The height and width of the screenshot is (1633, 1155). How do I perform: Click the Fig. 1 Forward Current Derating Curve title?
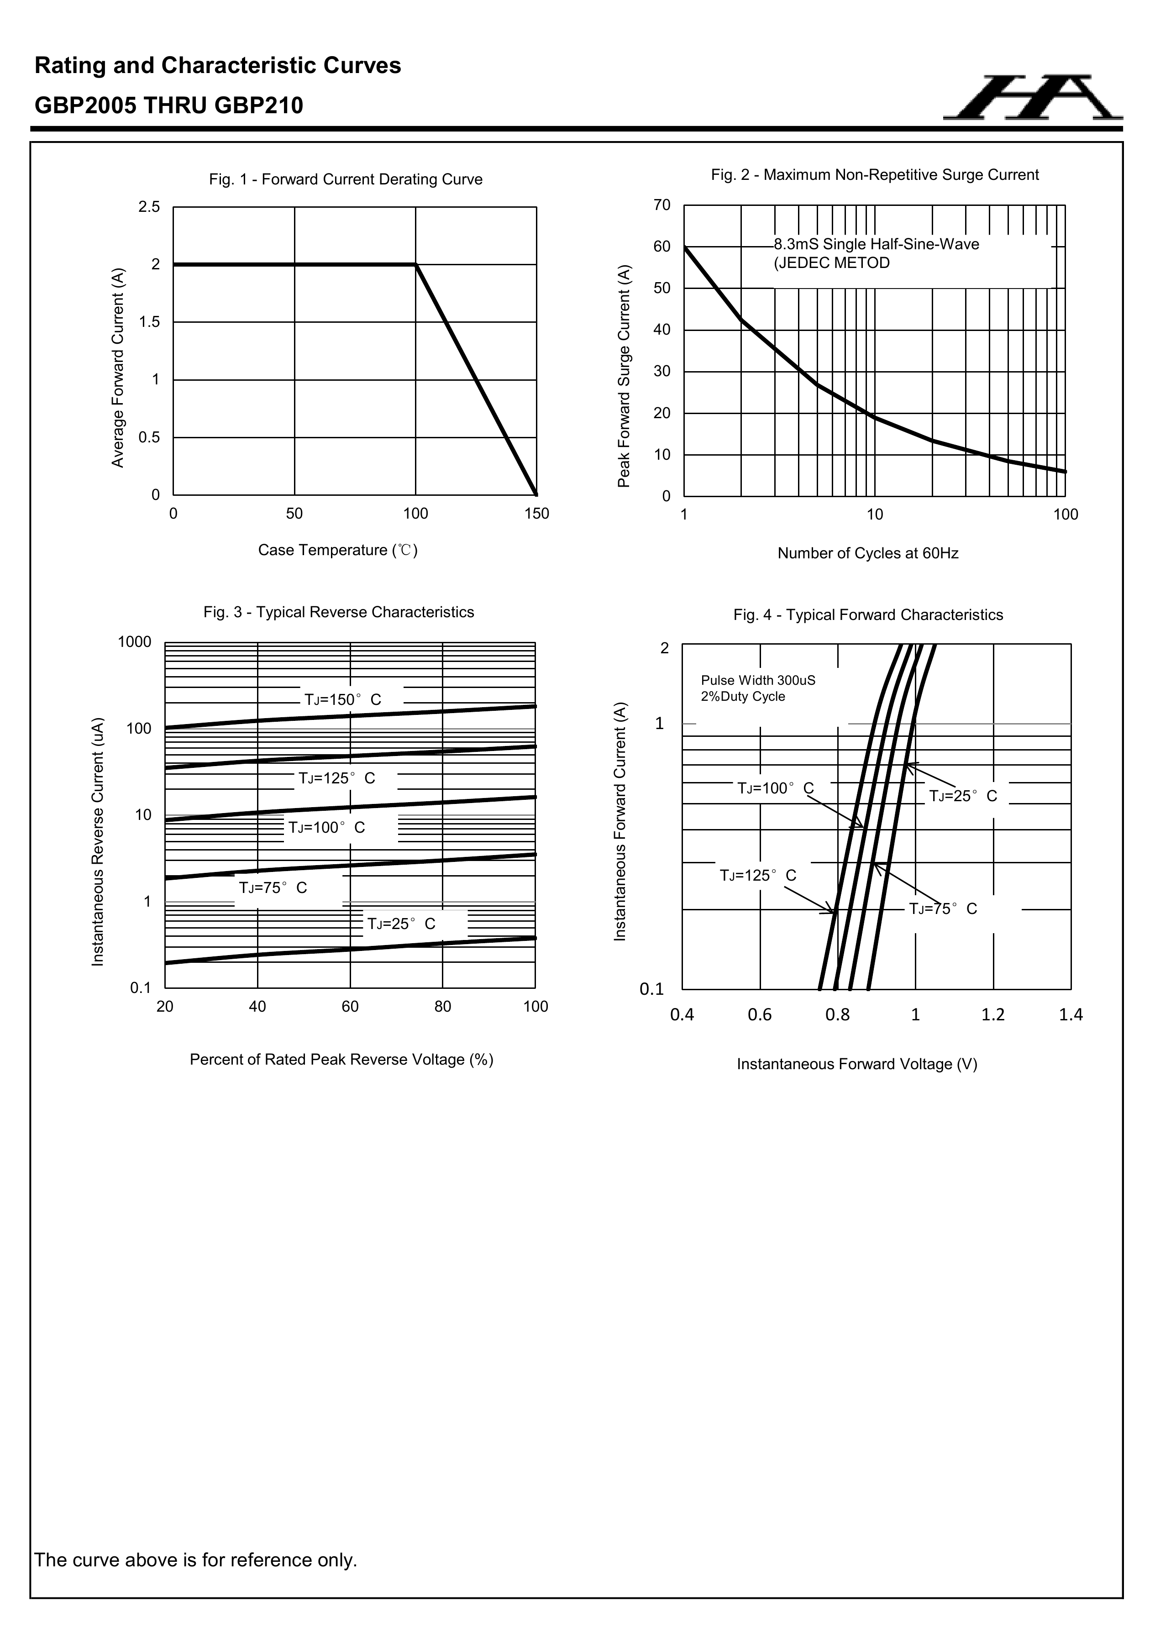346,179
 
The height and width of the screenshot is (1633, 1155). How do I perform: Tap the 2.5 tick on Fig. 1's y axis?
149,207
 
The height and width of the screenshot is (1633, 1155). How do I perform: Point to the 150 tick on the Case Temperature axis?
537,514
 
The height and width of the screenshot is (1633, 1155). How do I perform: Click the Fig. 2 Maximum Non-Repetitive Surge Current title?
875,175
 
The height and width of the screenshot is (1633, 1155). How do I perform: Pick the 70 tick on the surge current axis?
661,205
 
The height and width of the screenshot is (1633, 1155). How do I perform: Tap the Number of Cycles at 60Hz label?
868,553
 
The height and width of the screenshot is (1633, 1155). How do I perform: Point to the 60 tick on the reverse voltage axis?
350,1006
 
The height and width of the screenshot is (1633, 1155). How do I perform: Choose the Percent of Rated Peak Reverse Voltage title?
341,1060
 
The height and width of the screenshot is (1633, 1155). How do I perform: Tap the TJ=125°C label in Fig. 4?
758,876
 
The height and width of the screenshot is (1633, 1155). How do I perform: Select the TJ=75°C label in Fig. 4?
943,909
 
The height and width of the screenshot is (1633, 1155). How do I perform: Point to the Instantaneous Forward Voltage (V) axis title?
857,1064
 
